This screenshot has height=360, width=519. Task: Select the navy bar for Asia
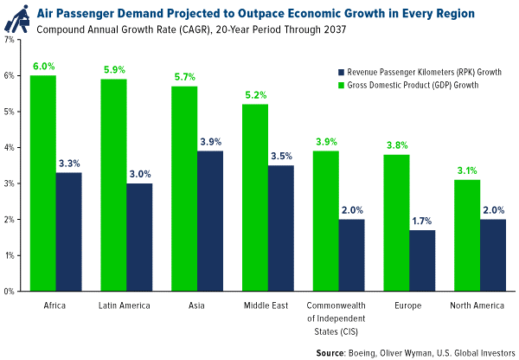click(x=212, y=222)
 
